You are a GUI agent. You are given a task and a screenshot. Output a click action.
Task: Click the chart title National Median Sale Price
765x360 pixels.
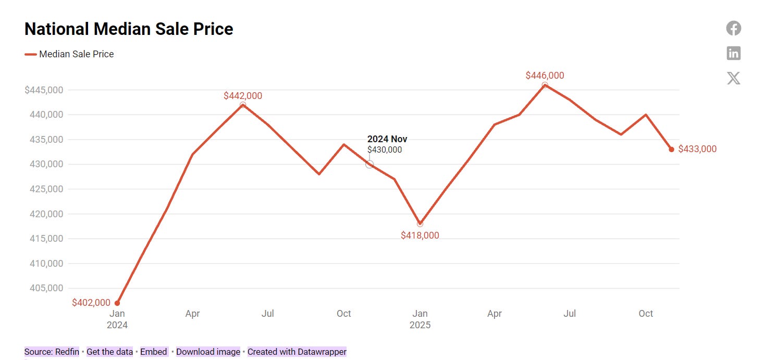129,29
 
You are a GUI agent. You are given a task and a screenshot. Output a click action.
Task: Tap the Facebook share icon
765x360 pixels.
733,28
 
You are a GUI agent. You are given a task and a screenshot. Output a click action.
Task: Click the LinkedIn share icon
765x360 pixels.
733,53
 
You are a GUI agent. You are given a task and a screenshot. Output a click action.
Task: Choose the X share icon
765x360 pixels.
733,78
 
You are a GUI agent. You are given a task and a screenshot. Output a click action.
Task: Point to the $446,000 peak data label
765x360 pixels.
545,76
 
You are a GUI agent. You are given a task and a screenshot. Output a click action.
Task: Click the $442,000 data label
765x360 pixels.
243,96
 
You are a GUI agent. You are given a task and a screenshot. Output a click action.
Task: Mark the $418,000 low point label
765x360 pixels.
419,235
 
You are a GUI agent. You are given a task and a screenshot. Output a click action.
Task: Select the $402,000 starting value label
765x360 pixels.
91,303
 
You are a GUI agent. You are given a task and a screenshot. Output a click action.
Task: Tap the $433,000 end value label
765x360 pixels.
697,149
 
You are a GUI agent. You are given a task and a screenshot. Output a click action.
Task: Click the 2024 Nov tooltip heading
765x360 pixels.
387,139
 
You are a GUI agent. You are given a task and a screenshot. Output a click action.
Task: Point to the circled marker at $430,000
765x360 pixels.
369,164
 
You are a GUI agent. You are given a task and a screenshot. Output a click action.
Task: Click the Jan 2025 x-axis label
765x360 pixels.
419,319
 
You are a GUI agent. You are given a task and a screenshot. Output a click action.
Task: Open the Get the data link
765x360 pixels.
109,352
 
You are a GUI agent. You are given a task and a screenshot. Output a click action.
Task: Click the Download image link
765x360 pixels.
208,352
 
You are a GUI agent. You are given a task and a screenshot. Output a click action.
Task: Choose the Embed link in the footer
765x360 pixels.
153,352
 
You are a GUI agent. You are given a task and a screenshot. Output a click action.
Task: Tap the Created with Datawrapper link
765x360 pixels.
297,352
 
